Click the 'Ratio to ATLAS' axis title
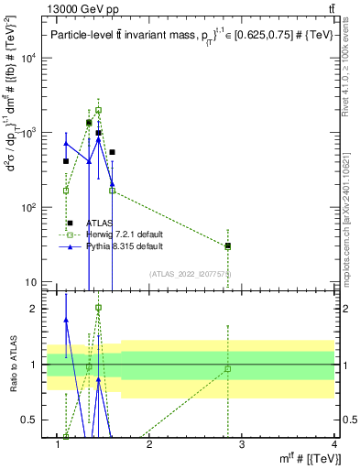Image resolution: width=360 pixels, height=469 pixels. [x=14, y=364]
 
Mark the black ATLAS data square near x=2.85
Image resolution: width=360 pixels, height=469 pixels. [x=228, y=245]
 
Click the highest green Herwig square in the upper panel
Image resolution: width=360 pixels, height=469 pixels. [x=98, y=110]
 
